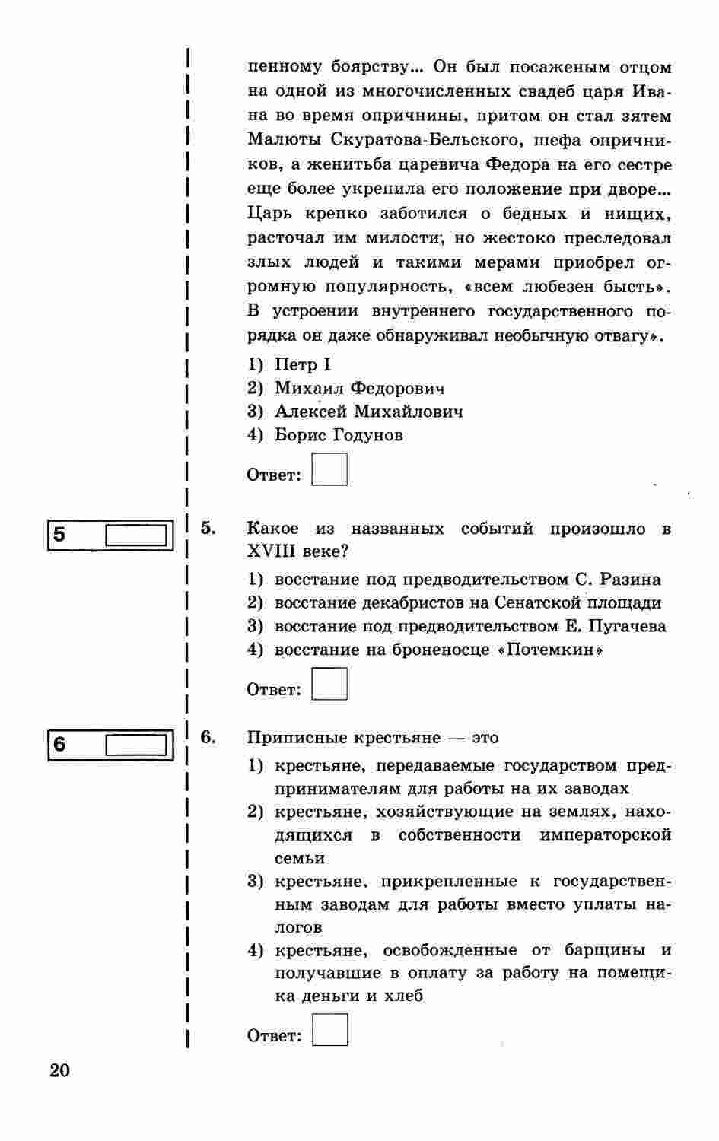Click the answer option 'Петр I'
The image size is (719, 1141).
pos(302,365)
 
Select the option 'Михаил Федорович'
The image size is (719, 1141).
pos(359,389)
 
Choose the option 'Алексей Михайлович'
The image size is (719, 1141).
pos(368,412)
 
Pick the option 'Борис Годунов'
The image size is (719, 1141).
pos(339,436)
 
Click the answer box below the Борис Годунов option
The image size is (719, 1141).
pos(329,470)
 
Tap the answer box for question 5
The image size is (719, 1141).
pos(329,684)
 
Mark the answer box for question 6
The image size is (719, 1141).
pos(330,1030)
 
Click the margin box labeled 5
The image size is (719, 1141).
pos(135,536)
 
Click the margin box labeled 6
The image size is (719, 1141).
pos(135,745)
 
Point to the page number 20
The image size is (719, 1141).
pos(59,1071)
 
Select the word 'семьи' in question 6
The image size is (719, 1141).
pos(300,858)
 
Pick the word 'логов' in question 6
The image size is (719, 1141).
pos(298,928)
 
